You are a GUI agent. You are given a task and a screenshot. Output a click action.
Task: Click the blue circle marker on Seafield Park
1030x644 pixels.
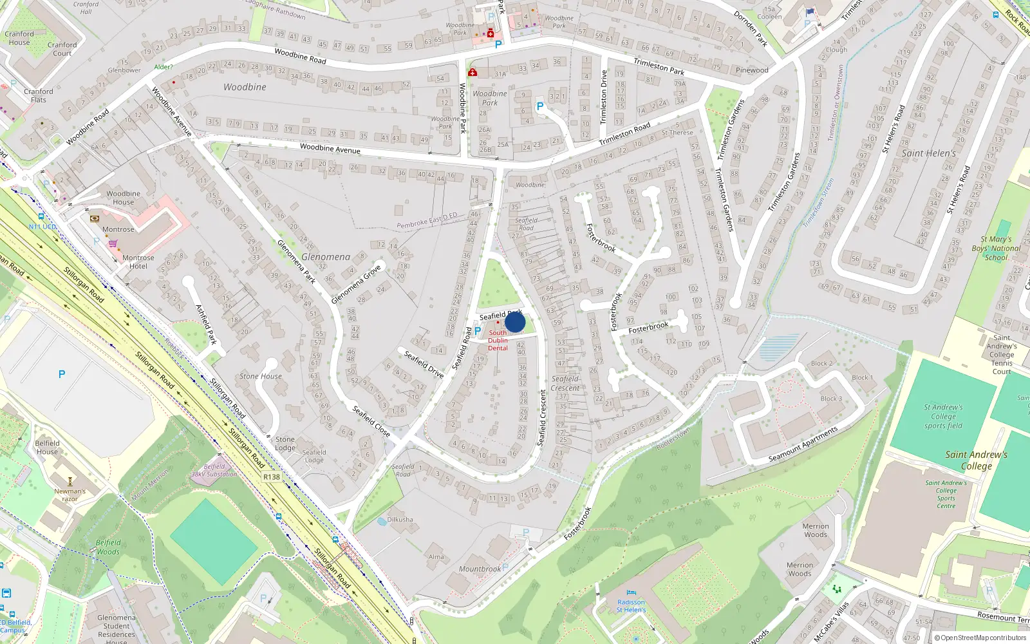tap(515, 321)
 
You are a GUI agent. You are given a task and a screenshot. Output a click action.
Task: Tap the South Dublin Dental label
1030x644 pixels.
tap(498, 341)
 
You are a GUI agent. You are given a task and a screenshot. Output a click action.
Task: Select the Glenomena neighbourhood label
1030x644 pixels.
tap(326, 257)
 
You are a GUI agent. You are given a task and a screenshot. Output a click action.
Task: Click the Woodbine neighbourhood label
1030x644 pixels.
tap(245, 87)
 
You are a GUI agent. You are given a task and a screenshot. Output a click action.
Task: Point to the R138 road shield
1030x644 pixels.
tap(272, 477)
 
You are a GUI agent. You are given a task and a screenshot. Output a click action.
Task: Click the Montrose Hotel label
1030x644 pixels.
tap(138, 262)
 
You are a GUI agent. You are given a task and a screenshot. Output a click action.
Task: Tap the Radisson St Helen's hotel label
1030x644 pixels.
tap(631, 606)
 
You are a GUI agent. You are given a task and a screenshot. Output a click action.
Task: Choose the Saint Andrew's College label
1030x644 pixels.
tap(976, 460)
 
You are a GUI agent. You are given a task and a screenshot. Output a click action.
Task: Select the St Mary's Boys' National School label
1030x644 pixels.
tap(996, 248)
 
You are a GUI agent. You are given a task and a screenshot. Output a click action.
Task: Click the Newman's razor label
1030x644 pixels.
tap(70, 495)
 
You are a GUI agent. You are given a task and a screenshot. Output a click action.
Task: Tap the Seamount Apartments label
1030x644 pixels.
tap(803, 444)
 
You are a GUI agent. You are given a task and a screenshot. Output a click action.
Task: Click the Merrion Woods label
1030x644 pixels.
tap(815, 530)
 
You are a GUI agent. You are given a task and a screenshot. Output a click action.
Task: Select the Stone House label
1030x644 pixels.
tap(260, 376)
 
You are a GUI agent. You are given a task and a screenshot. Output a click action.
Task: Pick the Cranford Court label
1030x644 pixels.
tap(62, 49)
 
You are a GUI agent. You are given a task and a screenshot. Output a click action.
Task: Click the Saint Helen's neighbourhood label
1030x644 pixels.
tap(928, 153)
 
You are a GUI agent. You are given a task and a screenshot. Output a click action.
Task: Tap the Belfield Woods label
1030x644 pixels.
tap(108, 547)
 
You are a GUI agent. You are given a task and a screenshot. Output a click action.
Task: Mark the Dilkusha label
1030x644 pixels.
tap(400, 519)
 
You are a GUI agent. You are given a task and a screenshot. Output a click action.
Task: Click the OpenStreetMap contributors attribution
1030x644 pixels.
tap(980, 638)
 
